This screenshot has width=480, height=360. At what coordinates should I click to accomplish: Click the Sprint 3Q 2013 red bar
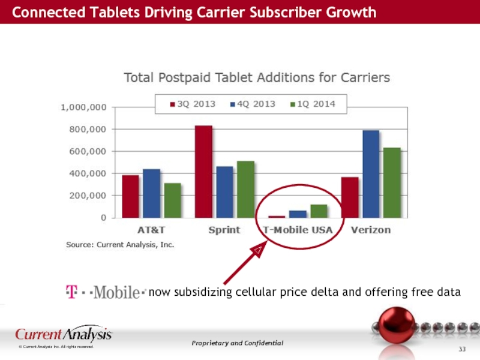[x=203, y=172]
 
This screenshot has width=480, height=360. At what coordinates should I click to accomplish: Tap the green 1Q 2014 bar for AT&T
[x=172, y=200]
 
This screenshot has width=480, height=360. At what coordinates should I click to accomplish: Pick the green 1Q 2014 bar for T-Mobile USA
[x=319, y=211]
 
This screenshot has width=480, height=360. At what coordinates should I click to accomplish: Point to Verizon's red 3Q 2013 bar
[x=350, y=197]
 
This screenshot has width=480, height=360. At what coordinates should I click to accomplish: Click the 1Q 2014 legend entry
[x=313, y=104]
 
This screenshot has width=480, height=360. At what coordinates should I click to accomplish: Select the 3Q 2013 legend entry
[x=193, y=104]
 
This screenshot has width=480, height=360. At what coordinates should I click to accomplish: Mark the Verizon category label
[x=371, y=230]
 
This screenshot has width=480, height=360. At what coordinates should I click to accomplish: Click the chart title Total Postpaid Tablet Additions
[x=257, y=77]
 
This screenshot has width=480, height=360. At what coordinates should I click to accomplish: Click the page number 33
[x=463, y=349]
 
